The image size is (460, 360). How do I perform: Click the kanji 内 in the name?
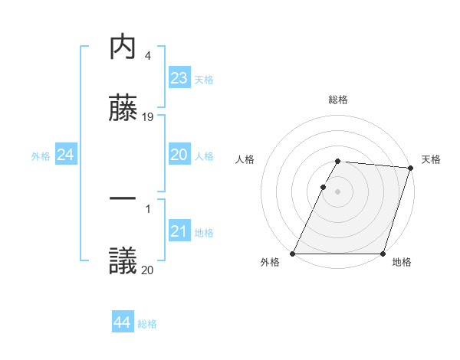(123, 47)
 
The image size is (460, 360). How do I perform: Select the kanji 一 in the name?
(123, 198)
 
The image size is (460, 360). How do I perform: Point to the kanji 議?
(123, 260)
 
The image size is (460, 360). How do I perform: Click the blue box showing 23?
(179, 79)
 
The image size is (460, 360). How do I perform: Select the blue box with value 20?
(179, 155)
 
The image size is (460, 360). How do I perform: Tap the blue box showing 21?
(179, 231)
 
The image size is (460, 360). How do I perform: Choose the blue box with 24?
(65, 155)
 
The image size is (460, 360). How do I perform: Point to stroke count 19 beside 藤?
(148, 117)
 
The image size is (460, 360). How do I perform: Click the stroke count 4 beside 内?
(147, 56)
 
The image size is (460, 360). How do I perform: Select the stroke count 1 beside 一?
(147, 208)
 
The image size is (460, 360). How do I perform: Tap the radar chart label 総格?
(338, 100)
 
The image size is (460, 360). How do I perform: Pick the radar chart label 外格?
(270, 263)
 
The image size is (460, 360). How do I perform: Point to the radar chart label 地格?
(402, 263)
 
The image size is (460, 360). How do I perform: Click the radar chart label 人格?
(245, 159)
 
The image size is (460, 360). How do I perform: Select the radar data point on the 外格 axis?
(293, 254)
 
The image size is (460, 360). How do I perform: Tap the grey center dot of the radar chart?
(338, 191)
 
